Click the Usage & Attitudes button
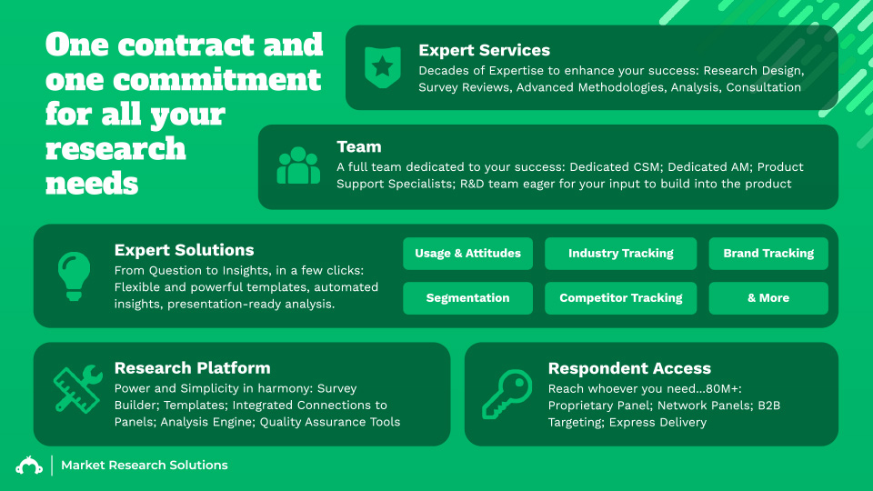[x=467, y=254]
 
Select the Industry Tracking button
[x=620, y=254]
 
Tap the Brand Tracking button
[x=768, y=254]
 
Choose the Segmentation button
[x=467, y=298]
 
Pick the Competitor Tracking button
[x=620, y=298]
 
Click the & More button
[x=768, y=298]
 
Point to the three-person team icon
[x=298, y=166]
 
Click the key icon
[x=507, y=394]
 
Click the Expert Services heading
[x=484, y=50]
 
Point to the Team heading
[x=358, y=146]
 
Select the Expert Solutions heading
[x=184, y=250]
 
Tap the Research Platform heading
[x=192, y=368]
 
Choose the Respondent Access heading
[x=629, y=368]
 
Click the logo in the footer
[x=29, y=465]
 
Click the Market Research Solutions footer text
[x=144, y=465]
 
